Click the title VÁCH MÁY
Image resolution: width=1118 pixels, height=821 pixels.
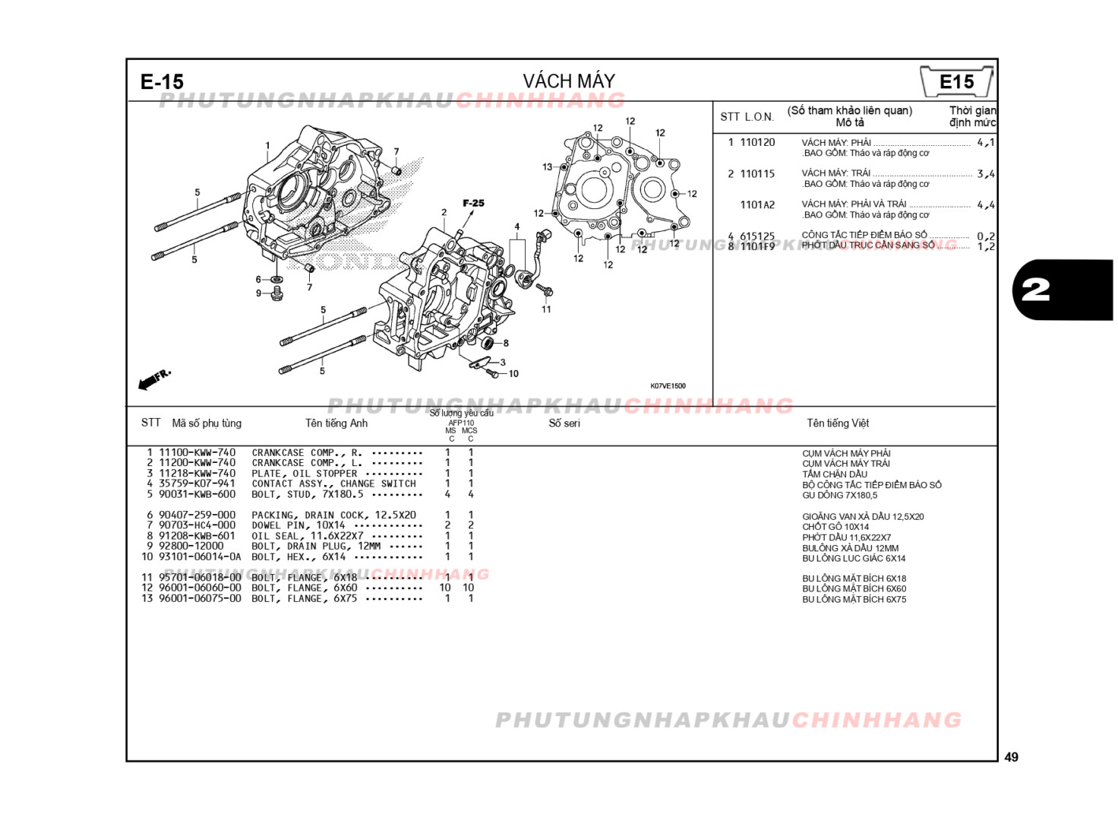(x=568, y=81)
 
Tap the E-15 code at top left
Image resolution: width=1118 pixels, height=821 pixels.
(x=162, y=82)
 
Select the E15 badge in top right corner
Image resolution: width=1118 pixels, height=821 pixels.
(x=956, y=82)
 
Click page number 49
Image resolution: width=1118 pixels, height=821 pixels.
(x=1011, y=757)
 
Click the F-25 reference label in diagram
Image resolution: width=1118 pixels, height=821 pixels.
(x=473, y=203)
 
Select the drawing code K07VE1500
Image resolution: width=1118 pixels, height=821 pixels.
(x=668, y=386)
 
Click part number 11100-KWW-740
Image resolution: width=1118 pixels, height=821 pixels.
(x=197, y=452)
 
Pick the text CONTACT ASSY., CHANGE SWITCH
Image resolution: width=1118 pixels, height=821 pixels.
(x=333, y=483)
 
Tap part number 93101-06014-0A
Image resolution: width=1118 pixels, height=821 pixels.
(x=200, y=556)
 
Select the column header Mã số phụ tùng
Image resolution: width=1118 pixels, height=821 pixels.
(x=207, y=423)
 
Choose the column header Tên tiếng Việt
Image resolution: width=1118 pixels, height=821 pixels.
(x=838, y=423)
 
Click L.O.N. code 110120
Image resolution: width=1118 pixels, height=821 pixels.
(x=757, y=142)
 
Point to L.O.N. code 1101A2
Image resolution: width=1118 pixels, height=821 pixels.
(x=757, y=204)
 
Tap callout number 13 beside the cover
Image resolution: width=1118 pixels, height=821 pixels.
(x=548, y=167)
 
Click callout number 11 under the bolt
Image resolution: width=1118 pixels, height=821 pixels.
(x=546, y=309)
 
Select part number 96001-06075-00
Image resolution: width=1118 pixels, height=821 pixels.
(x=200, y=598)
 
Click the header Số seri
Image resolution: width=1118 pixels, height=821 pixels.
(x=564, y=423)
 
